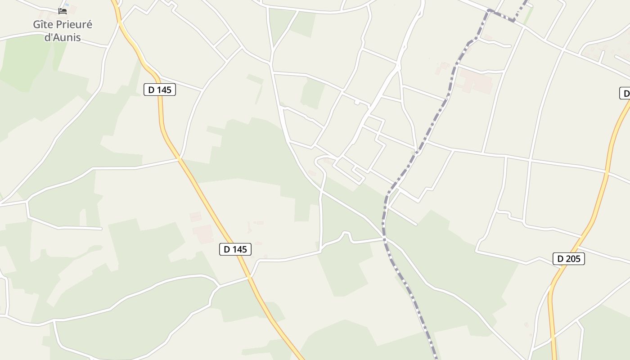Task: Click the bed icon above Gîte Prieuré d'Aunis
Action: [x=63, y=10]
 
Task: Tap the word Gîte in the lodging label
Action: [x=44, y=25]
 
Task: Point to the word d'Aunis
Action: [x=63, y=37]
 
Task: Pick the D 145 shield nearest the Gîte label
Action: [x=160, y=90]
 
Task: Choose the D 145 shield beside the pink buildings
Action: [x=235, y=249]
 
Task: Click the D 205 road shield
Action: [x=568, y=259]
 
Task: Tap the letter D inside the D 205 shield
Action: [x=560, y=259]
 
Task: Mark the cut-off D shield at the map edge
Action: [x=625, y=94]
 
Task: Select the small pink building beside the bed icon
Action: [x=73, y=9]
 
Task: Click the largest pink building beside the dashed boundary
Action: [x=476, y=81]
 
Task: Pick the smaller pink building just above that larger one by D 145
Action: [x=196, y=216]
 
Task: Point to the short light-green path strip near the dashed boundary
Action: [x=528, y=16]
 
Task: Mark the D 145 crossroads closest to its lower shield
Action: [x=249, y=278]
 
